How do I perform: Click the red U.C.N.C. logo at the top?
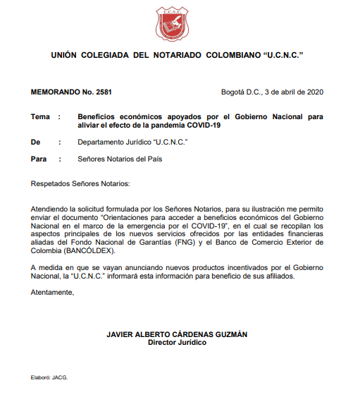(x=172, y=22)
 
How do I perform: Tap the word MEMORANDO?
(x=55, y=92)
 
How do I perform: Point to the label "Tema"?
(x=41, y=116)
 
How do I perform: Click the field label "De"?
(x=36, y=142)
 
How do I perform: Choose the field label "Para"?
(x=39, y=159)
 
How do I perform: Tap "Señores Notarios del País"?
(x=120, y=159)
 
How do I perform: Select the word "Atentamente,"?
(x=53, y=292)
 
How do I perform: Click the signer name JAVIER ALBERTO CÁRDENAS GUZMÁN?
(x=177, y=334)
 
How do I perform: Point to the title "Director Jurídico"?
(x=177, y=342)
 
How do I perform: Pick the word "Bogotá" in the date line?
(x=234, y=92)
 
